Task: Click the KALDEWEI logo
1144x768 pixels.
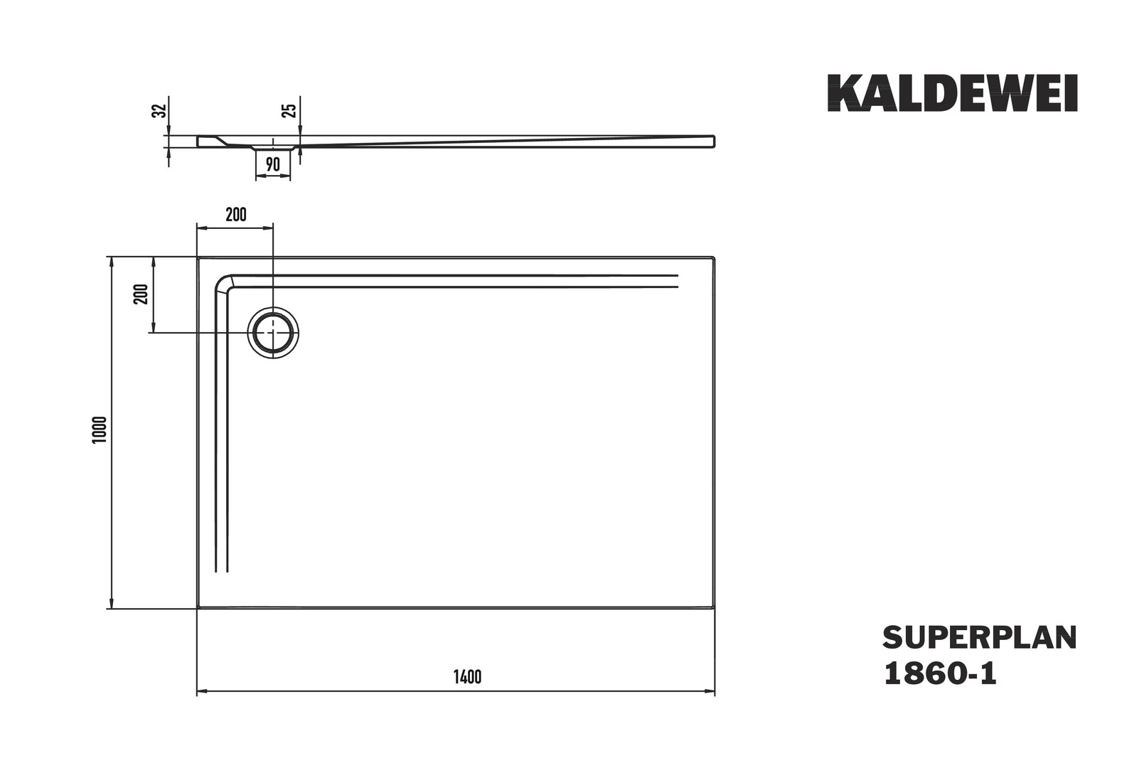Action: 953,93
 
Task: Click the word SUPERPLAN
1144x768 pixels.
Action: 980,638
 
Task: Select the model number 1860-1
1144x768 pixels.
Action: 940,673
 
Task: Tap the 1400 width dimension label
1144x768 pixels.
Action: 467,677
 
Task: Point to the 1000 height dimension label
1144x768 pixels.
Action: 100,430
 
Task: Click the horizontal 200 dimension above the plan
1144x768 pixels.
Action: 236,215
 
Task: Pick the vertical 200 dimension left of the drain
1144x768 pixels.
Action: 141,294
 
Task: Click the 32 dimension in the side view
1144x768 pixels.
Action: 160,111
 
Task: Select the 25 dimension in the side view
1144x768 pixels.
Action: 289,110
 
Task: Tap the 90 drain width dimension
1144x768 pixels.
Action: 273,164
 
